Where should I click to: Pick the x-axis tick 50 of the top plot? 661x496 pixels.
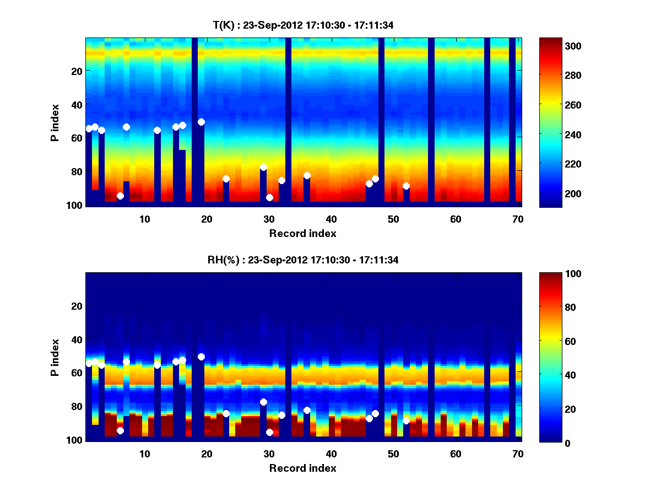[393, 219]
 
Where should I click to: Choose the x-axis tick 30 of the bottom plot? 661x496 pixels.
[268, 454]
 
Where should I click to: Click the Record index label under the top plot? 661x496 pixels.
[302, 233]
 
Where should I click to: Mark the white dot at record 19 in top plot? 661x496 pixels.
[201, 122]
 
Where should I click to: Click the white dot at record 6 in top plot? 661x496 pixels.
[120, 196]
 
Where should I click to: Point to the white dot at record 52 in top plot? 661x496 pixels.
[406, 186]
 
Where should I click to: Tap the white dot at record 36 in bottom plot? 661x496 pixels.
[307, 410]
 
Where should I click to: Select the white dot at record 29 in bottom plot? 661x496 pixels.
[263, 402]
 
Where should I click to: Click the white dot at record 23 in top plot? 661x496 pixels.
[226, 179]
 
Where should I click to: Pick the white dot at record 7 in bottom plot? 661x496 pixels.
[126, 362]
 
